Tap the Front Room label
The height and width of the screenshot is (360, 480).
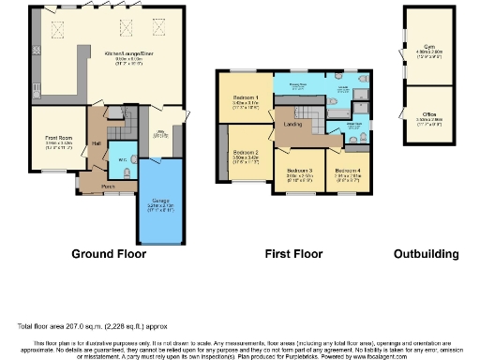[x=59, y=138]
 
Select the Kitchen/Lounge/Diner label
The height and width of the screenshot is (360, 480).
[x=129, y=53]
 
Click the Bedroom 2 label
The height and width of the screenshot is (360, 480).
[x=246, y=152]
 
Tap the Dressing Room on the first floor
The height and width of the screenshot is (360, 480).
[x=298, y=83]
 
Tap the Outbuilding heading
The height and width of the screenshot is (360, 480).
[x=427, y=254]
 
